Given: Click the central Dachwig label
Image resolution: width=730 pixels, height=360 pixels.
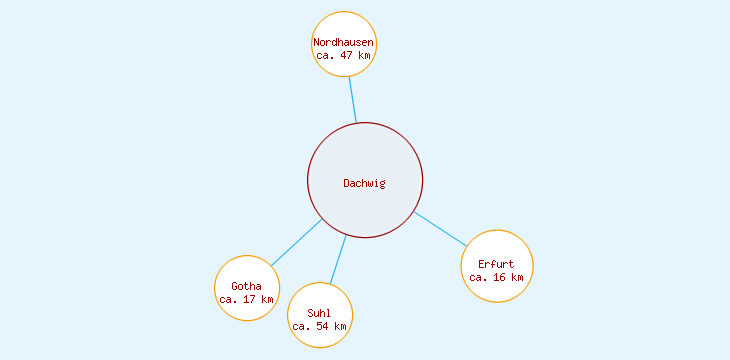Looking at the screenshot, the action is (364, 183).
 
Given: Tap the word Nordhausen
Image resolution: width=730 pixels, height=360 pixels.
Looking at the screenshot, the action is (344, 42).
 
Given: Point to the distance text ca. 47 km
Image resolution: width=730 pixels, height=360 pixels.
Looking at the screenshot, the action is (344, 56).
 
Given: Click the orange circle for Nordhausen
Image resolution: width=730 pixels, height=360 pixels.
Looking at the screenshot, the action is (344, 22).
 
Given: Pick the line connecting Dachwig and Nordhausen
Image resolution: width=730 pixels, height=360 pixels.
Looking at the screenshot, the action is (352, 99).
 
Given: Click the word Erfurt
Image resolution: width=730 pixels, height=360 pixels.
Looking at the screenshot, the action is (496, 264).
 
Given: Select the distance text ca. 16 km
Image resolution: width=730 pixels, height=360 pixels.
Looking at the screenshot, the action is (496, 277).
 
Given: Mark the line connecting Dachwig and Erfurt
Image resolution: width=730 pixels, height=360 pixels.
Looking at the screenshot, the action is (440, 229).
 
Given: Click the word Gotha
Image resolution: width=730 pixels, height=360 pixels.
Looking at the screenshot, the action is (246, 287).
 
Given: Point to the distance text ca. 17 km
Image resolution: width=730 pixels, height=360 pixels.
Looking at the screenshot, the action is (246, 300).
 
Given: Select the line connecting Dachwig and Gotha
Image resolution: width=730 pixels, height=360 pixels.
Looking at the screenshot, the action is (297, 242).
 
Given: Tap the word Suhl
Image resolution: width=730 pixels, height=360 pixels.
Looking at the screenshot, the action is (320, 313).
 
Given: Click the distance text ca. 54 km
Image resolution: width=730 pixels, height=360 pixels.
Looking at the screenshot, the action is (320, 326).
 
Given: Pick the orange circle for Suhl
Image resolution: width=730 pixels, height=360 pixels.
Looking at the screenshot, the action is (320, 295).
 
